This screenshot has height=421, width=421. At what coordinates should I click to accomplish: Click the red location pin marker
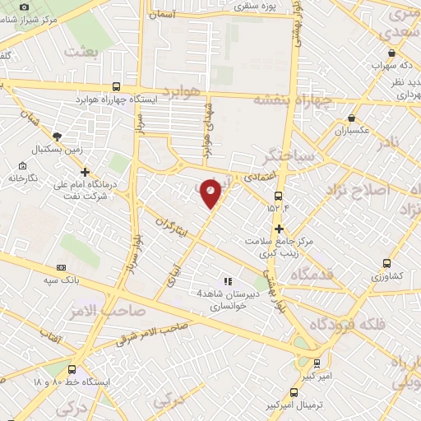(x=211, y=193)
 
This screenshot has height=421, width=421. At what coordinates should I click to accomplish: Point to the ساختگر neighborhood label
(x=287, y=153)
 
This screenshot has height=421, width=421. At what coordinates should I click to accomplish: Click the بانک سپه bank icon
(x=62, y=267)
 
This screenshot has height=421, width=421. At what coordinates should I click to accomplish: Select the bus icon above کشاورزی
(x=386, y=264)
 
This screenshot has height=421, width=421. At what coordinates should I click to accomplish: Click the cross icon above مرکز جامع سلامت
(x=280, y=228)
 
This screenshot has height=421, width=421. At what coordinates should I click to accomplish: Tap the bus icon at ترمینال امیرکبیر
(x=294, y=392)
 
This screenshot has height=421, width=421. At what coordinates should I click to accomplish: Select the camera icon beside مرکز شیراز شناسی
(x=25, y=7)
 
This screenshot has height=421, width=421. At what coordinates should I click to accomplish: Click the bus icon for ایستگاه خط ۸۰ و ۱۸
(x=72, y=370)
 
